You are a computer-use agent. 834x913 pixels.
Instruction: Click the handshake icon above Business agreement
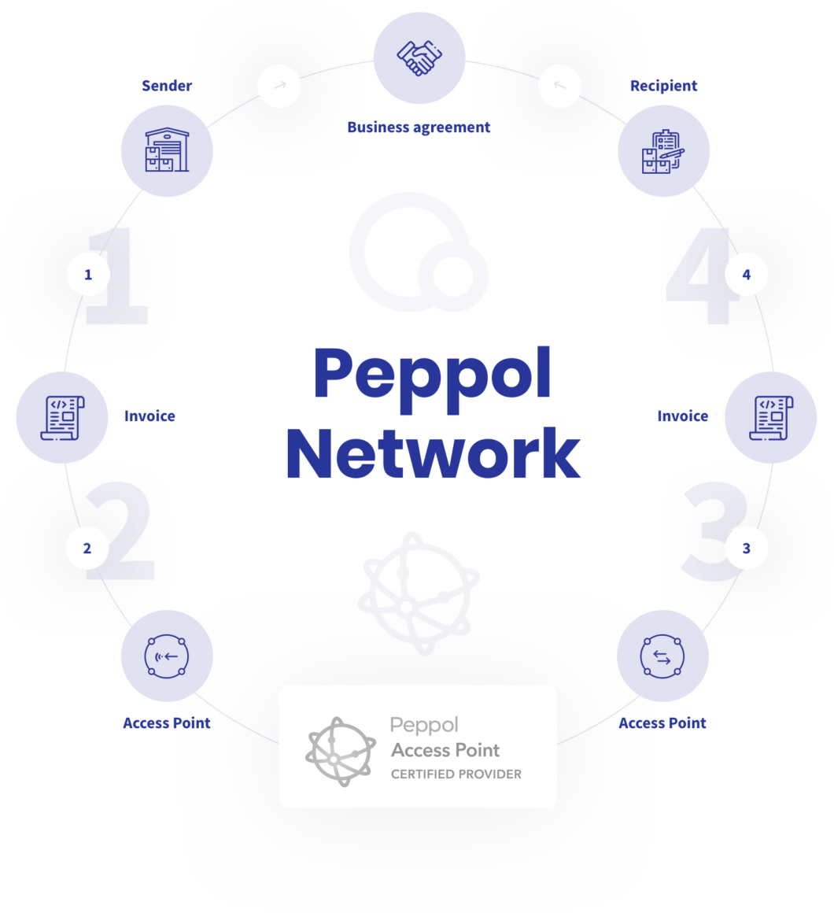click(419, 57)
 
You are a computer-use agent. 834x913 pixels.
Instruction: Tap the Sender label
click(167, 86)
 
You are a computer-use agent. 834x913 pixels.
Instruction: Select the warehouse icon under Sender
click(167, 150)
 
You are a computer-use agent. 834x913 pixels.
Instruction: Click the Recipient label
click(663, 86)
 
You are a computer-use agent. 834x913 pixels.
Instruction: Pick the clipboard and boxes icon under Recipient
click(663, 151)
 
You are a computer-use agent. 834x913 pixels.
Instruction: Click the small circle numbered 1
click(88, 274)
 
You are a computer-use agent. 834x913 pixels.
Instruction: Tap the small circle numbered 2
click(87, 548)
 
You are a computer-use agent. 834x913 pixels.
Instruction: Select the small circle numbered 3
click(746, 548)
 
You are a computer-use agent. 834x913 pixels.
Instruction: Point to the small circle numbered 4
click(746, 274)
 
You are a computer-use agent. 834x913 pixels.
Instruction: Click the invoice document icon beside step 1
click(62, 417)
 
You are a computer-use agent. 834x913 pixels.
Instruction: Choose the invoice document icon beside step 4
click(771, 417)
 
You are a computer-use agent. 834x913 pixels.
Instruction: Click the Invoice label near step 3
click(683, 416)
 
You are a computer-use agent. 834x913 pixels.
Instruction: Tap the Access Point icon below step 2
click(167, 656)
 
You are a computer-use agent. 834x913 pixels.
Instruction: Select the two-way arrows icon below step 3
click(662, 656)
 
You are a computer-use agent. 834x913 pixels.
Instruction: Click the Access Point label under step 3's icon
click(662, 723)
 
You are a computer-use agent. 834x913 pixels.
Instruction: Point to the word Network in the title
click(433, 453)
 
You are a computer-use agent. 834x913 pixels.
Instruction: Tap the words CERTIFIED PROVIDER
click(456, 774)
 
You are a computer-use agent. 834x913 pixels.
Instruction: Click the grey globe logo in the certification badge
click(341, 751)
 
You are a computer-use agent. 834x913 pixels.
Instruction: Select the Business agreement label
click(419, 127)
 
